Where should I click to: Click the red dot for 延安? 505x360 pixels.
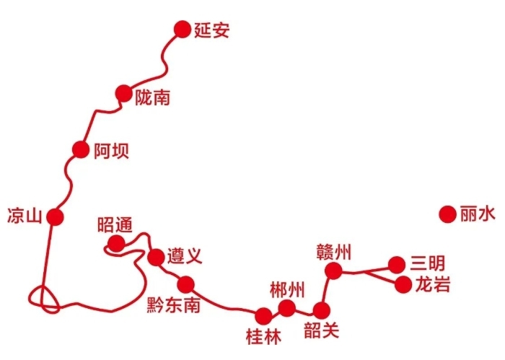coord(183,30)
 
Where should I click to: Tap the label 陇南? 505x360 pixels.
coord(152,97)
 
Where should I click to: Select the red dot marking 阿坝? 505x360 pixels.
coord(81,149)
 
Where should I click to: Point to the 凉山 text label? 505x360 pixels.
coord(25,216)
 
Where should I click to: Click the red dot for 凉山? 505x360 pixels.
coord(55,216)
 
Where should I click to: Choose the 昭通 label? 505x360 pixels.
coord(115,224)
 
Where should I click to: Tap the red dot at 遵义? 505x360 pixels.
coord(157,258)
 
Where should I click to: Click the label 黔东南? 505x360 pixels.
coord(174,305)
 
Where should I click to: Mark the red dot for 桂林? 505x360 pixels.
coord(263,316)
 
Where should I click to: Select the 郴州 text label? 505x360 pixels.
coord(287,290)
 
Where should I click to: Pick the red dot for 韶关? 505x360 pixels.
coord(322,311)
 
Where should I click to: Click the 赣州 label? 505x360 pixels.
coord(333,252)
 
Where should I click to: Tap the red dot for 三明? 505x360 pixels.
coord(397,265)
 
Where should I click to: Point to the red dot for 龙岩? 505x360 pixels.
coord(403,285)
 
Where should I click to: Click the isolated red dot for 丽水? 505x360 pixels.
coord(448,214)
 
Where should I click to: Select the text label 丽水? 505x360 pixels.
coord(478,214)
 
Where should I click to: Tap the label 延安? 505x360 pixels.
coord(211,30)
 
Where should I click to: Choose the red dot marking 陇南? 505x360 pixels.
coord(123,93)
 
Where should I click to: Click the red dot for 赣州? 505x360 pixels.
coord(333,271)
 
